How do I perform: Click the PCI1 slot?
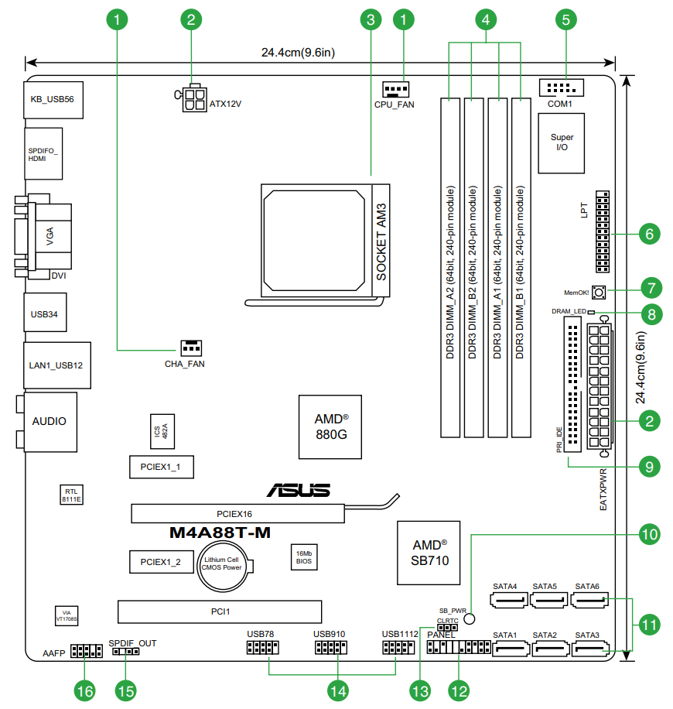pyautogui.click(x=220, y=611)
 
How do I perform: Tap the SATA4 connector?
pyautogui.click(x=509, y=599)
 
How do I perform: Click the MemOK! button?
pyautogui.click(x=597, y=293)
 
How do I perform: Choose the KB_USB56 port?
pyautogui.click(x=53, y=99)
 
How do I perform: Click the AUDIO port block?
pyautogui.click(x=50, y=421)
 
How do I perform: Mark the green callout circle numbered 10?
pyautogui.click(x=650, y=533)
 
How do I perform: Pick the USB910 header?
pyautogui.click(x=330, y=648)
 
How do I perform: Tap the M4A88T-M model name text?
pyautogui.click(x=220, y=533)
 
